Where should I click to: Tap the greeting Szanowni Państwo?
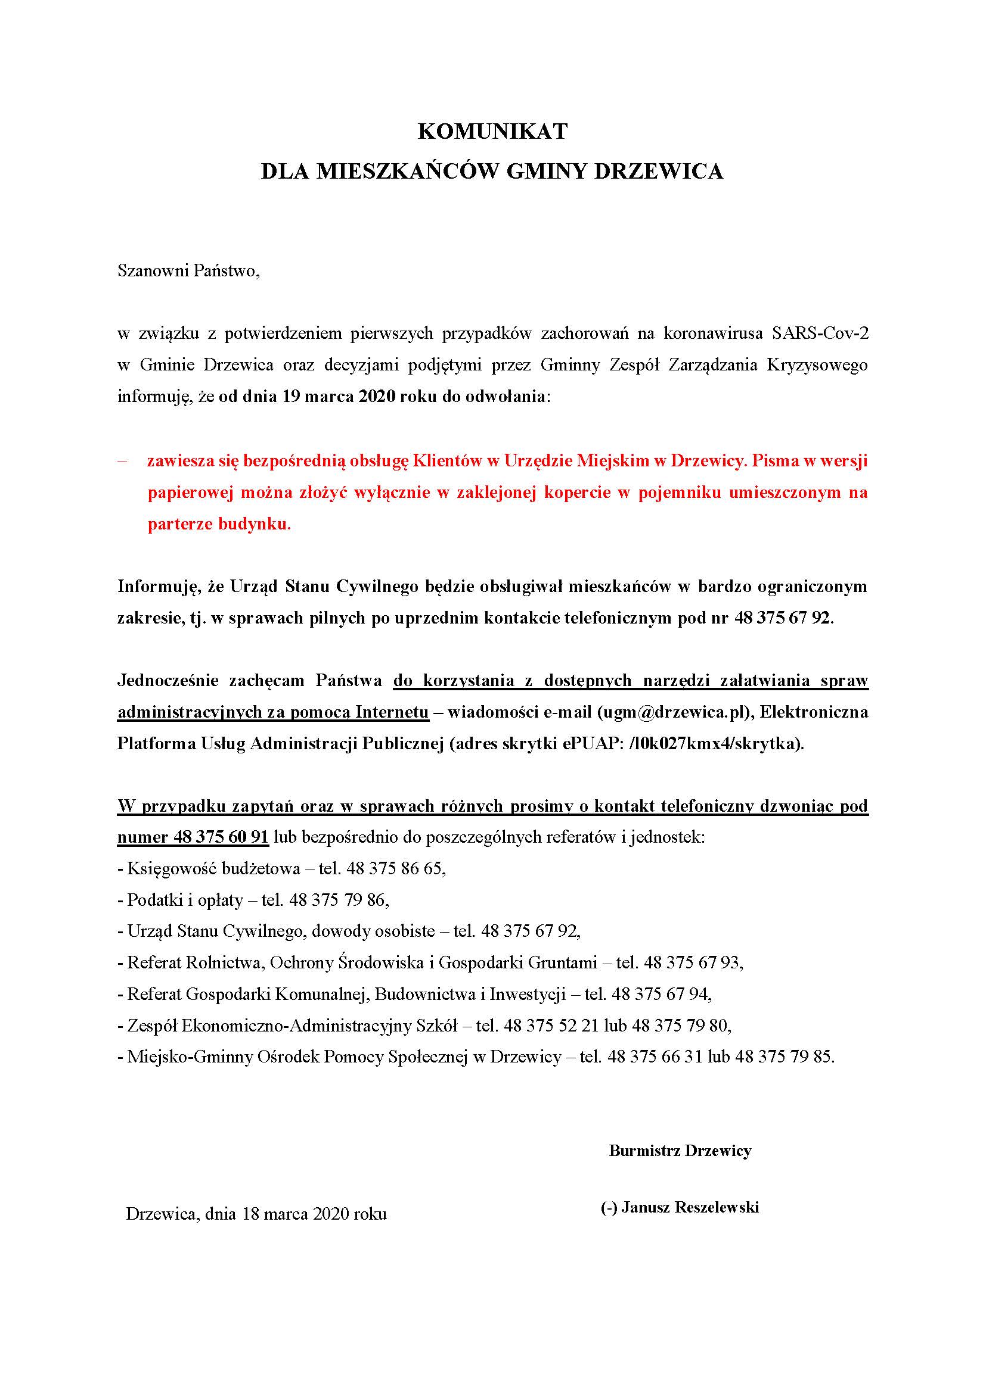[x=188, y=270]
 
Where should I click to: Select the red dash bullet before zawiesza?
[x=123, y=460]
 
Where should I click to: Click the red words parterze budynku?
[x=219, y=524]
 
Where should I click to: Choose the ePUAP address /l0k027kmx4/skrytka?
[x=714, y=744]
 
